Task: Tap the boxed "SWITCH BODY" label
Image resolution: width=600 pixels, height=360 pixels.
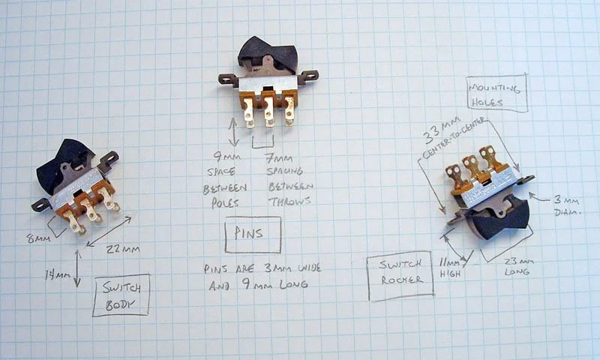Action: pos(121,294)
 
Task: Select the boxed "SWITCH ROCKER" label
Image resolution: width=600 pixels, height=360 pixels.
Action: pos(399,275)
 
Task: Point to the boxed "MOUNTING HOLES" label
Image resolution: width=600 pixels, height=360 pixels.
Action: pos(496,94)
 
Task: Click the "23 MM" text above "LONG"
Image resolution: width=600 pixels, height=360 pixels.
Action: pos(518,259)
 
